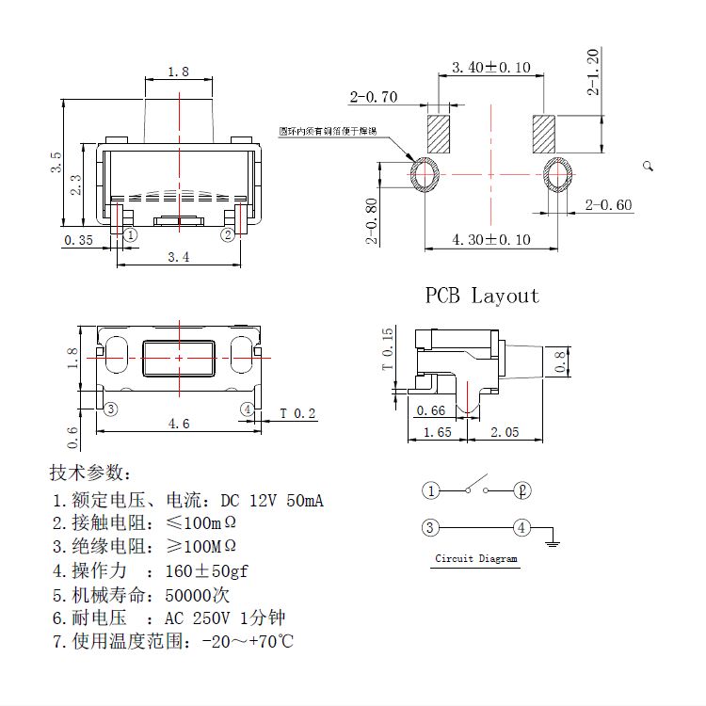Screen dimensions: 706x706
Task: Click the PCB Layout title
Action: (x=482, y=296)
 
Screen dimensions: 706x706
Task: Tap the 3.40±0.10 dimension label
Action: (x=490, y=68)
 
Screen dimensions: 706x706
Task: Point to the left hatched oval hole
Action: (x=425, y=175)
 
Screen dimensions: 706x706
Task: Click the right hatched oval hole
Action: (x=558, y=175)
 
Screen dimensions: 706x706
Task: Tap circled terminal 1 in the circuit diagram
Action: (x=430, y=490)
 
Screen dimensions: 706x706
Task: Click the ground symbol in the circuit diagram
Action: (x=554, y=541)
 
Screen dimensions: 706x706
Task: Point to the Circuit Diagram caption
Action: (x=475, y=558)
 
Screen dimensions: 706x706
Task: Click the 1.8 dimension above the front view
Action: (x=178, y=72)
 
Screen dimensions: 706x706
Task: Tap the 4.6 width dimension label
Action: (x=179, y=424)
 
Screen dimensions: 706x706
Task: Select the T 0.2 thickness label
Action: (x=298, y=414)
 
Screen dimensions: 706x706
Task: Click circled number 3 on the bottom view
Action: (x=111, y=409)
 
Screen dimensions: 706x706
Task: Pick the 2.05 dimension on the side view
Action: (x=505, y=431)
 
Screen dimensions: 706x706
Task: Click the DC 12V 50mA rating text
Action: (x=272, y=500)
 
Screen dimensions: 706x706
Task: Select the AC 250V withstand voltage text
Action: (x=198, y=618)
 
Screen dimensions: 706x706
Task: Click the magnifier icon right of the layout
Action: (x=648, y=166)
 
